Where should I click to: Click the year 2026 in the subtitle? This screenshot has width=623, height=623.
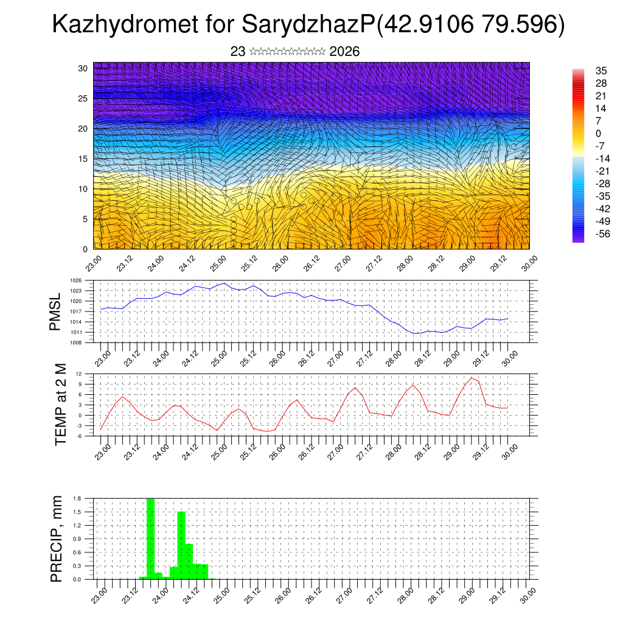coord(344,52)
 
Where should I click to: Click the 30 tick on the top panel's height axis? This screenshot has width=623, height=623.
coord(83,68)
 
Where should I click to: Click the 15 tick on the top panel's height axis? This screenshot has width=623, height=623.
coord(83,159)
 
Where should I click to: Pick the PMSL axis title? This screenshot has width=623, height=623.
coord(55,311)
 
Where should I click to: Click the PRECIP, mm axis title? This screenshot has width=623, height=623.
coord(57,538)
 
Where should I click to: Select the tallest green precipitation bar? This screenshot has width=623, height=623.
coord(150,538)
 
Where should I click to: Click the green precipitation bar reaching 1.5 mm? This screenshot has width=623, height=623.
coord(181,545)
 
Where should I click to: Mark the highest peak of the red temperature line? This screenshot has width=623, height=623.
coord(471,378)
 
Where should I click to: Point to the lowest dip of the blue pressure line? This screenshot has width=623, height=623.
coord(414,333)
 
